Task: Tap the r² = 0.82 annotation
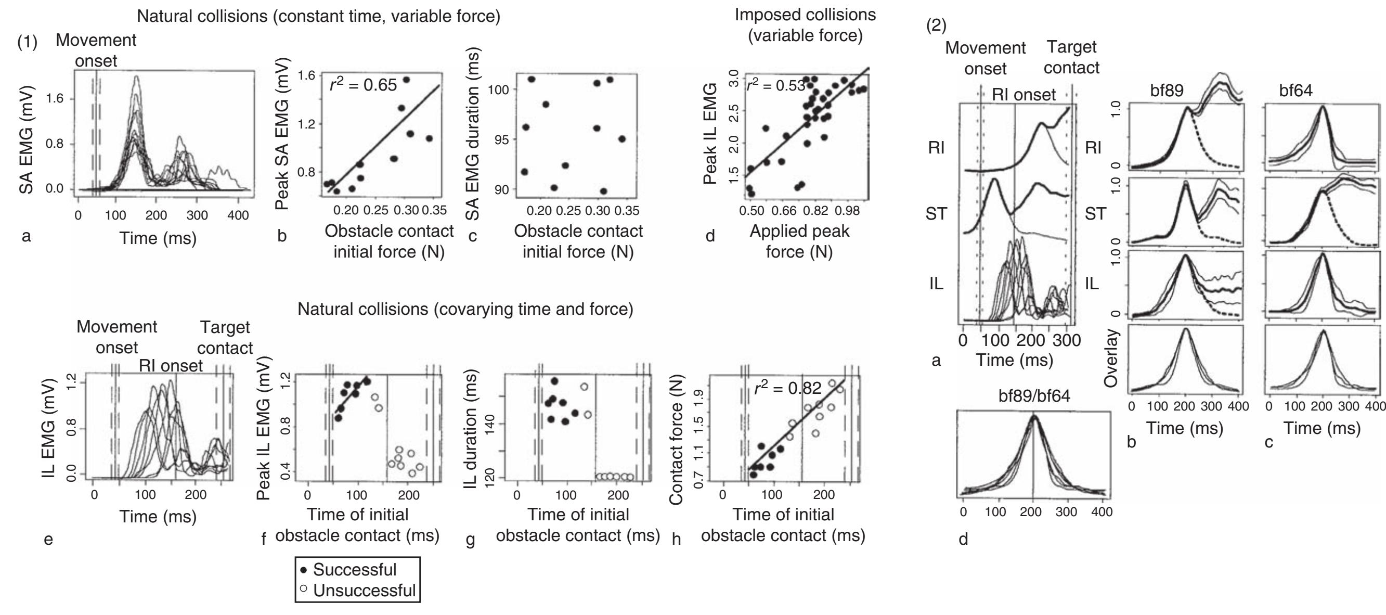[x=787, y=388]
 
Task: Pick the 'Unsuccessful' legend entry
[x=358, y=590]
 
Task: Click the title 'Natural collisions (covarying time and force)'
[x=465, y=309]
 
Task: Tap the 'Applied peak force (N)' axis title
[x=799, y=241]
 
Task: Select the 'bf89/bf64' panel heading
[x=1034, y=396]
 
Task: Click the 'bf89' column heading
[x=1167, y=91]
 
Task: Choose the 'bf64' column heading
[x=1296, y=91]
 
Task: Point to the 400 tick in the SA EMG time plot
[x=238, y=216]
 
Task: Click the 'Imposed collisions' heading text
[x=805, y=15]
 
